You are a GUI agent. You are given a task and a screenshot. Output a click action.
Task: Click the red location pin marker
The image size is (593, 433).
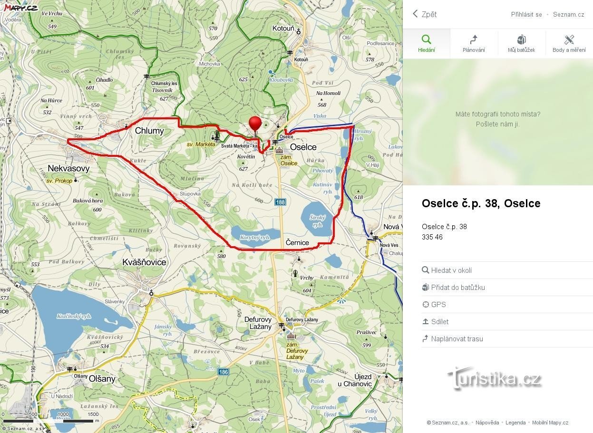255,124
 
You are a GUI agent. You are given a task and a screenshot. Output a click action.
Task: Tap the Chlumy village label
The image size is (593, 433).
149,131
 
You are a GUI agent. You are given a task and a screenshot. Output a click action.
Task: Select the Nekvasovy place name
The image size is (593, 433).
68,168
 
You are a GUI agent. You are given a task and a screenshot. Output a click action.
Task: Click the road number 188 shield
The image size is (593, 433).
281,202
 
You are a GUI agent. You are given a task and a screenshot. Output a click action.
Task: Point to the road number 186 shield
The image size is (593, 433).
224,372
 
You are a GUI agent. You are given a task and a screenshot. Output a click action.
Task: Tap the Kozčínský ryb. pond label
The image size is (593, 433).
74,316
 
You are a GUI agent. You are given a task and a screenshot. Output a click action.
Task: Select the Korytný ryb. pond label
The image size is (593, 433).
254,237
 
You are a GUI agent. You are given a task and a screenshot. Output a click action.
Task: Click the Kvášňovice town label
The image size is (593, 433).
144,262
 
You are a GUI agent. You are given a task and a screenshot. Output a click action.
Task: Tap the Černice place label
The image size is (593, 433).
297,242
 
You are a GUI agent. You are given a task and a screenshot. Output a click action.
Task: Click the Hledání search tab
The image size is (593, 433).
426,44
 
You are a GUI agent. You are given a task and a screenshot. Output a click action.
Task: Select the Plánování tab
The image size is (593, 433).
474,44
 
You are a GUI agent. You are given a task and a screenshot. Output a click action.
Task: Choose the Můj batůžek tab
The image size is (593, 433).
521,44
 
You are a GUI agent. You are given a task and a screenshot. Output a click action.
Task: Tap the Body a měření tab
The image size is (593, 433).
569,44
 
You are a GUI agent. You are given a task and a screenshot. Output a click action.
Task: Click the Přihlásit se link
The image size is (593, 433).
526,14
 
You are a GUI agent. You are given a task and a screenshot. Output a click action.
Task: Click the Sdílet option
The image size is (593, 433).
439,322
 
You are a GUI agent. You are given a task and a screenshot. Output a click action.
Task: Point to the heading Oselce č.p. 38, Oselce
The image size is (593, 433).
481,203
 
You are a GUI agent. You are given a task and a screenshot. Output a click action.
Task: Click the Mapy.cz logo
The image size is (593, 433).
21,7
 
